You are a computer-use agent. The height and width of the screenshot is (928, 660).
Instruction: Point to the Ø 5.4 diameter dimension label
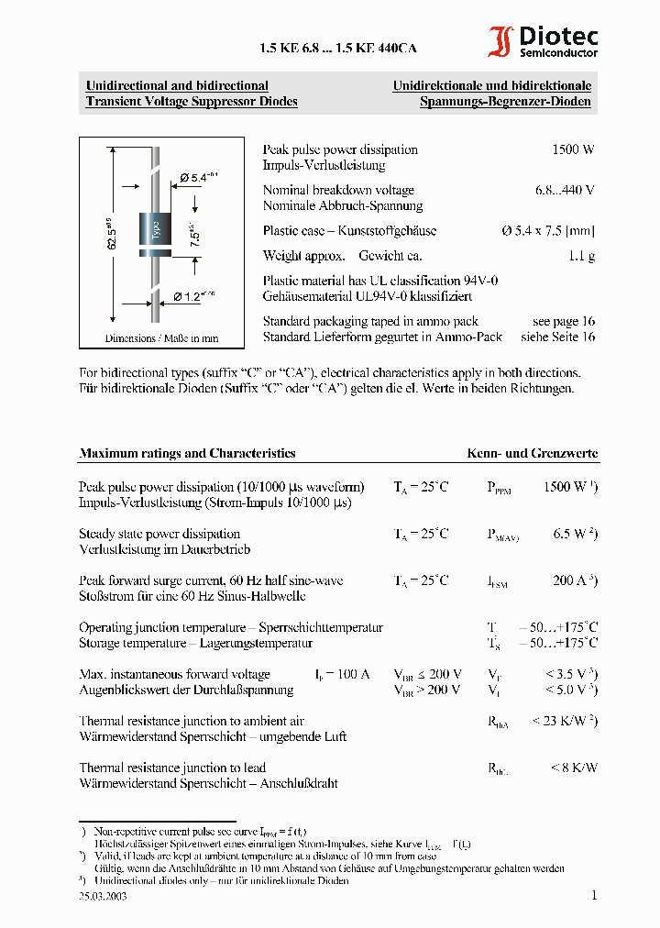tap(198, 176)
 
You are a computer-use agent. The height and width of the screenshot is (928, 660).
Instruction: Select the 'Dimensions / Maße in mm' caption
tap(161, 338)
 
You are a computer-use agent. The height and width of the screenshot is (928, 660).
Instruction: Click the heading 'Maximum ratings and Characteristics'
tap(187, 453)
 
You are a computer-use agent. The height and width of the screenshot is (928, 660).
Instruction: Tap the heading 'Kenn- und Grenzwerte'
tap(532, 453)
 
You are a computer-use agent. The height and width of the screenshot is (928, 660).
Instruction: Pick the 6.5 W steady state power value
tap(574, 534)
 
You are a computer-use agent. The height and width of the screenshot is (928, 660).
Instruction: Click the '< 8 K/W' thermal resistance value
tap(573, 768)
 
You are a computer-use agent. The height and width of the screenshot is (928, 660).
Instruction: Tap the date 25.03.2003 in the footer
tap(103, 897)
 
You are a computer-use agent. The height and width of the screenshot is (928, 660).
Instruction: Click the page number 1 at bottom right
tap(593, 896)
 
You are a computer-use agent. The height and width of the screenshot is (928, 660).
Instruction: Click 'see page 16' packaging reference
tap(563, 321)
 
